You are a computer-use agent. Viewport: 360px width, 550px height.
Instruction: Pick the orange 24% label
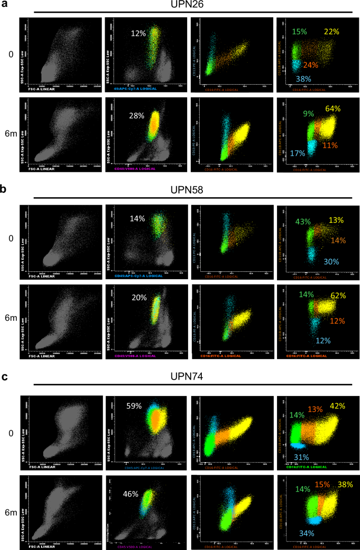pos(311,65)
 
